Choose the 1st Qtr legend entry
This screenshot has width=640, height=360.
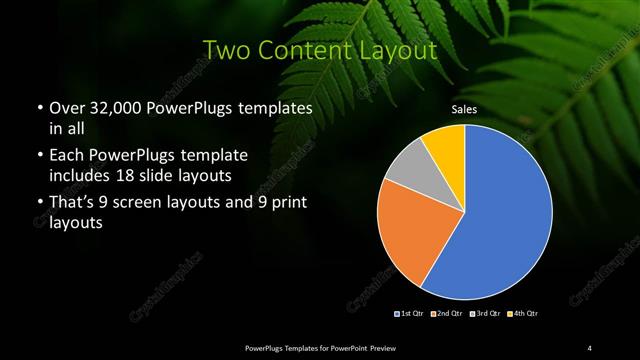point(409,314)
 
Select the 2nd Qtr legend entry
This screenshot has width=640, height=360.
point(445,314)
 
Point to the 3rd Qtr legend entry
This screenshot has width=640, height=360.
point(481,314)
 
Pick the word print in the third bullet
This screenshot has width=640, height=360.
point(287,204)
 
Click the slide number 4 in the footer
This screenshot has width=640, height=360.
point(590,347)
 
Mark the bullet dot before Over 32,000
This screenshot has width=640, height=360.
point(39,108)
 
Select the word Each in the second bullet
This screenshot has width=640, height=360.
point(67,156)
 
